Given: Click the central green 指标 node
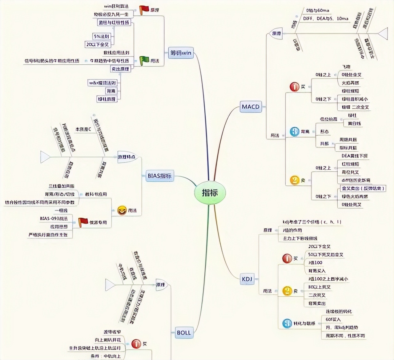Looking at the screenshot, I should (210, 193).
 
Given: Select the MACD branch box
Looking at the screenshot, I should (251, 107).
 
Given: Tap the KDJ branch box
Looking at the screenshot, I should (247, 279).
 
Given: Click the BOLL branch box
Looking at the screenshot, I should (184, 333).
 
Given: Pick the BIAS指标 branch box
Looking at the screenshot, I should (159, 176).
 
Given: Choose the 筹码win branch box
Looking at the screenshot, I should (181, 53).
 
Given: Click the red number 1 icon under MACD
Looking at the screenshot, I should (295, 87).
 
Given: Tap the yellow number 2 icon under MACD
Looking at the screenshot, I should (295, 180).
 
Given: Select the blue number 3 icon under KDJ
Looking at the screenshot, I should (287, 323).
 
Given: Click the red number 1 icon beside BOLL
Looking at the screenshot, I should (136, 344).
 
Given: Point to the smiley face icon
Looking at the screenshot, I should (122, 210).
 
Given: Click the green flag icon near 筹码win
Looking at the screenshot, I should (144, 61).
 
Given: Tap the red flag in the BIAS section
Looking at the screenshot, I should (83, 222).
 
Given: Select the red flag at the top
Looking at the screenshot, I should (144, 10).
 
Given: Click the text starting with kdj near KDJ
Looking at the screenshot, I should (312, 222).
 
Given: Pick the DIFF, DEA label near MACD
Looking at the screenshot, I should (325, 19).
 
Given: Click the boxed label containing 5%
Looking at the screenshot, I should (101, 37).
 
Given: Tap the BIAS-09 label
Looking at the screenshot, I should (54, 218).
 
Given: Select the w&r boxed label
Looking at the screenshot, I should (103, 83).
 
